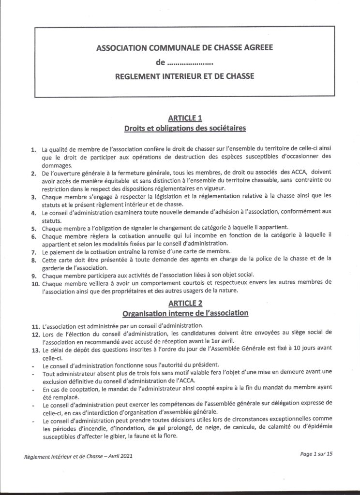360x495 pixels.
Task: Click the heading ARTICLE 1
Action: pyautogui.click(x=185, y=118)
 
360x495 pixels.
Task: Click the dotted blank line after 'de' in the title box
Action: pyautogui.click(x=191, y=62)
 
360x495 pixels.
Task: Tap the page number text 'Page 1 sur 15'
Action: pyautogui.click(x=317, y=453)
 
